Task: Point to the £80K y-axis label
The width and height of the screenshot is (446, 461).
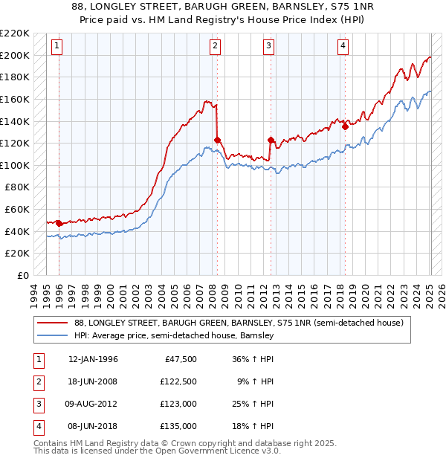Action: pyautogui.click(x=17, y=187)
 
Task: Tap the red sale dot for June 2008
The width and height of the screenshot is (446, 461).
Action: pyautogui.click(x=217, y=140)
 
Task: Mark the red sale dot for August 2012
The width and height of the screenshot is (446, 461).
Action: pyautogui.click(x=271, y=139)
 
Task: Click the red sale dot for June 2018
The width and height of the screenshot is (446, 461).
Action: pyautogui.click(x=345, y=126)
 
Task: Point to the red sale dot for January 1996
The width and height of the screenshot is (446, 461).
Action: pyautogui.click(x=59, y=222)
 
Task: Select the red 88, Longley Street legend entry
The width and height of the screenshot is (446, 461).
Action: pyautogui.click(x=238, y=323)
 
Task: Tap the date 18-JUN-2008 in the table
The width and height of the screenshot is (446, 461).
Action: pyautogui.click(x=93, y=381)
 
